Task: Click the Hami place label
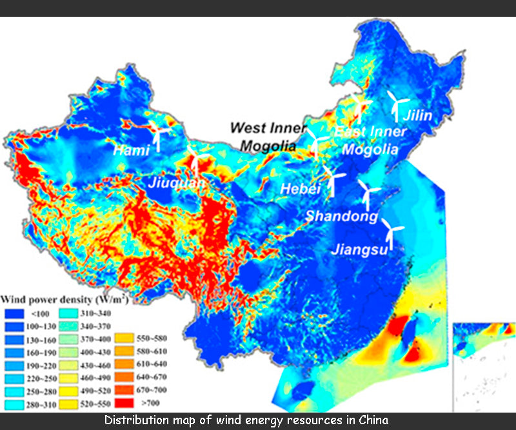pos(131,150)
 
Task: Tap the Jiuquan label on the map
pos(177,183)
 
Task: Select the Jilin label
pos(418,117)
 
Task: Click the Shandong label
pos(341,216)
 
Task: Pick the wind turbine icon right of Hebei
pos(332,179)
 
